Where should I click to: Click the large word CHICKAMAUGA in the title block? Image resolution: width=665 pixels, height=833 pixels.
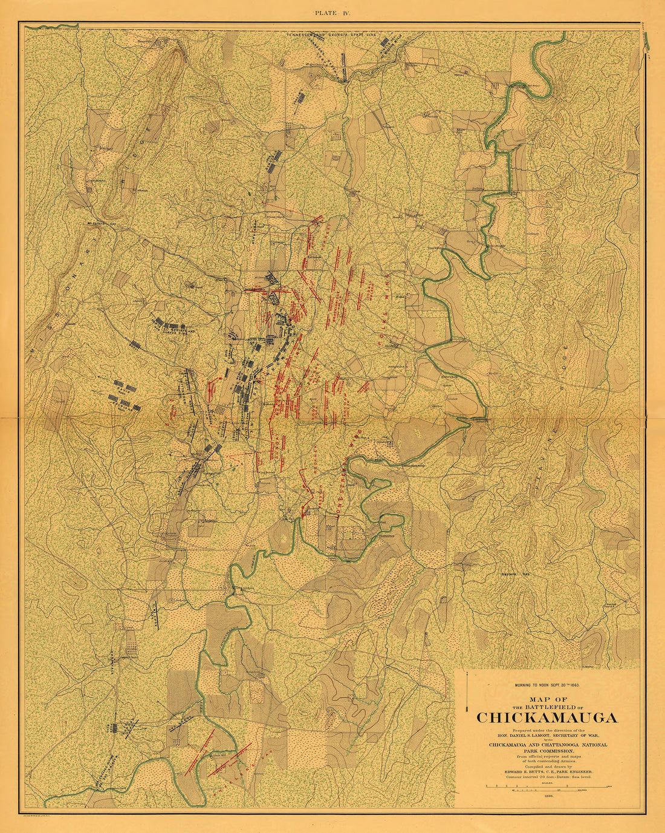547,718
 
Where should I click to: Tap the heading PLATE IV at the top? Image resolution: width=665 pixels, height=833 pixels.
332,11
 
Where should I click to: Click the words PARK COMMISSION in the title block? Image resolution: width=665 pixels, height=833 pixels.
547,751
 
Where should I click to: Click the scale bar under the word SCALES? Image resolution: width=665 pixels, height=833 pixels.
547,786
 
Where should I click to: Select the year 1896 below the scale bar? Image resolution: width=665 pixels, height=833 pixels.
547,797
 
